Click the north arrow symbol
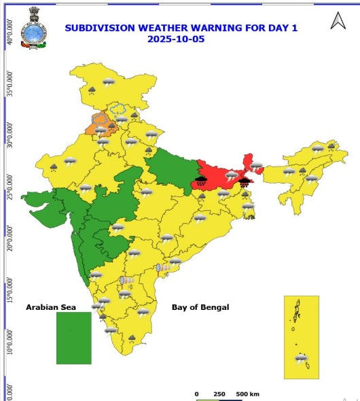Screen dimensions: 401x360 click(338, 22)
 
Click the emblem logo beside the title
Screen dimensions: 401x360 click(33, 29)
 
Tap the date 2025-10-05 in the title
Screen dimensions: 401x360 click(176, 39)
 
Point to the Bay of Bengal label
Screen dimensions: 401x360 click(200, 307)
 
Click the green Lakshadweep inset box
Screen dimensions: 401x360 click(73, 338)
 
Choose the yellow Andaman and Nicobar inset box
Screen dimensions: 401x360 click(301, 336)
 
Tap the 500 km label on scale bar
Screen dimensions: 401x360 click(247, 394)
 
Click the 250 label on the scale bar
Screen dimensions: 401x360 click(220, 394)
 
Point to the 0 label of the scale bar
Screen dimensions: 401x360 click(196, 394)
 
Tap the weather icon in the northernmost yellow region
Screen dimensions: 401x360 click(108, 82)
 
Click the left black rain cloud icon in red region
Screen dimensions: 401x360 click(201, 180)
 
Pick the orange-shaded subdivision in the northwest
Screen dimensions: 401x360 click(96, 124)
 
